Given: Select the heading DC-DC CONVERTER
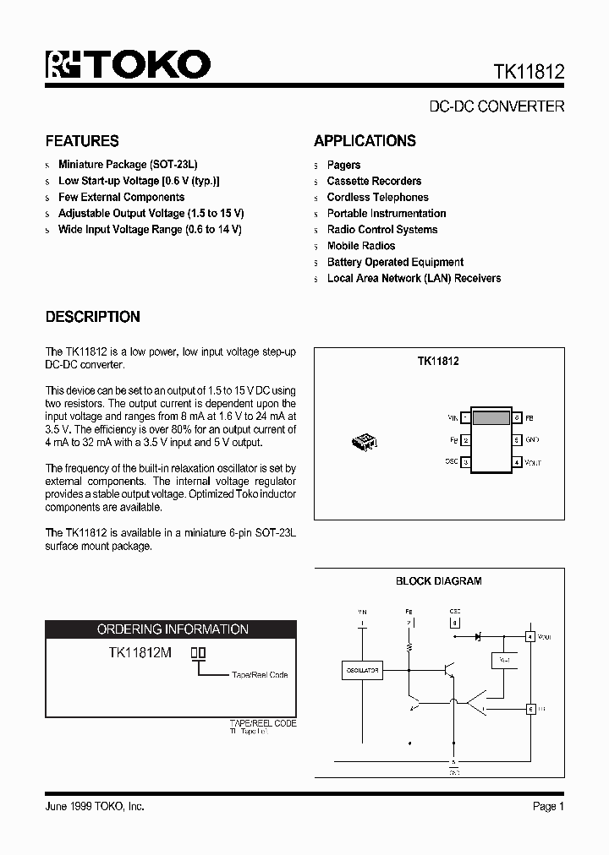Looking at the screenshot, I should (x=497, y=107).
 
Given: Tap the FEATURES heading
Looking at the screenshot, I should (x=82, y=141).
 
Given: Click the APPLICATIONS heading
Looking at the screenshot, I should (x=365, y=141).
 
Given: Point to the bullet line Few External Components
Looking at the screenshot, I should (x=121, y=197).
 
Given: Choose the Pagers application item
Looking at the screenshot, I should (x=343, y=165).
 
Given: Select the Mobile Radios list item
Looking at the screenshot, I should (x=361, y=246).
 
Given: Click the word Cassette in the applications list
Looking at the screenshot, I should (x=348, y=181).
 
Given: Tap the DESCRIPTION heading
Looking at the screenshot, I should (x=92, y=318).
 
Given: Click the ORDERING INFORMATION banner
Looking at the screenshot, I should (x=172, y=629).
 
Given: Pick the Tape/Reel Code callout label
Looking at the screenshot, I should (x=260, y=675).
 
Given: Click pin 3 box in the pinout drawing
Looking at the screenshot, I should (x=466, y=462).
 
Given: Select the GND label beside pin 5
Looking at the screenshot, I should (x=532, y=440).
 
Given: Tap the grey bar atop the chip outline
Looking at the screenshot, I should (x=491, y=417).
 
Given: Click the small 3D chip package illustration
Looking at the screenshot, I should (x=365, y=440).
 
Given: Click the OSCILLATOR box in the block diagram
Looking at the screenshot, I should (x=361, y=671).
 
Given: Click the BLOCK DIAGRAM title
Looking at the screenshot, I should (x=438, y=581).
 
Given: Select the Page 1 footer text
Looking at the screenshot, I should (x=548, y=807).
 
